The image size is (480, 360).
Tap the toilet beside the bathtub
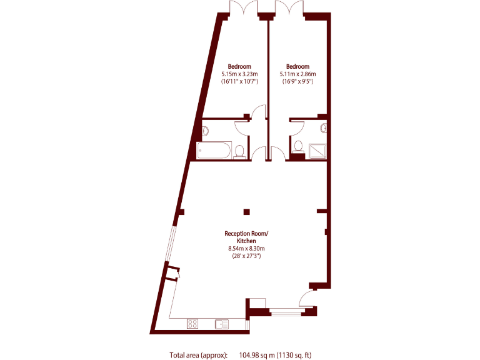coord(239,151)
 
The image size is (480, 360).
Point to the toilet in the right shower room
coord(298,147)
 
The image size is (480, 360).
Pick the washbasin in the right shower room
coord(324,128)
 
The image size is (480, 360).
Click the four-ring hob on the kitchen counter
coord(193,323)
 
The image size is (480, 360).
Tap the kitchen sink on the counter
coord(221,323)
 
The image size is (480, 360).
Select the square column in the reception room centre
coord(247,211)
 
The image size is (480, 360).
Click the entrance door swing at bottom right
coord(309,298)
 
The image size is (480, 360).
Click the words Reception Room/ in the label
coord(246,234)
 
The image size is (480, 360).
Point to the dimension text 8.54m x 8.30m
coord(246,249)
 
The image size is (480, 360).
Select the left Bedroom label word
coord(239,67)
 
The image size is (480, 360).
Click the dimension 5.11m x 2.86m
coord(297,74)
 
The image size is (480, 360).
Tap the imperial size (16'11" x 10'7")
coord(239,81)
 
